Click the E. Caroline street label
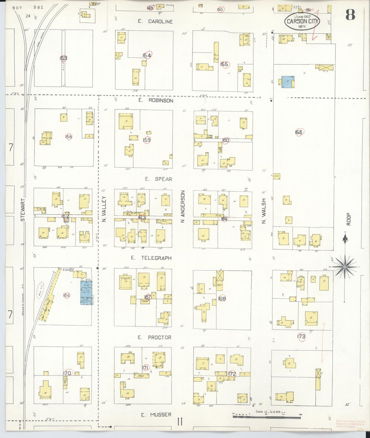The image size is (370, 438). click(155, 22)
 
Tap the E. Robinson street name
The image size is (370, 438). click(156, 100)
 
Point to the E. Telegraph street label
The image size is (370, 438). click(151, 258)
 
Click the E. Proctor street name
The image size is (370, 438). click(154, 337)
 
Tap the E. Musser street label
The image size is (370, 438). click(156, 414)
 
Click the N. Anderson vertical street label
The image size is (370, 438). click(183, 206)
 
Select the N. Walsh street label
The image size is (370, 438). click(264, 211)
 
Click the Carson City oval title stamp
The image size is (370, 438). click(302, 22)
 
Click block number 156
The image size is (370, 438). click(298, 132)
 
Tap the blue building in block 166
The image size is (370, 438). click(86, 293)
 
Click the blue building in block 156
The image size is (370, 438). click(288, 82)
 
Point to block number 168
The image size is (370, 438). click(222, 299)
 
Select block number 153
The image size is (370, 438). click(63, 58)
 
